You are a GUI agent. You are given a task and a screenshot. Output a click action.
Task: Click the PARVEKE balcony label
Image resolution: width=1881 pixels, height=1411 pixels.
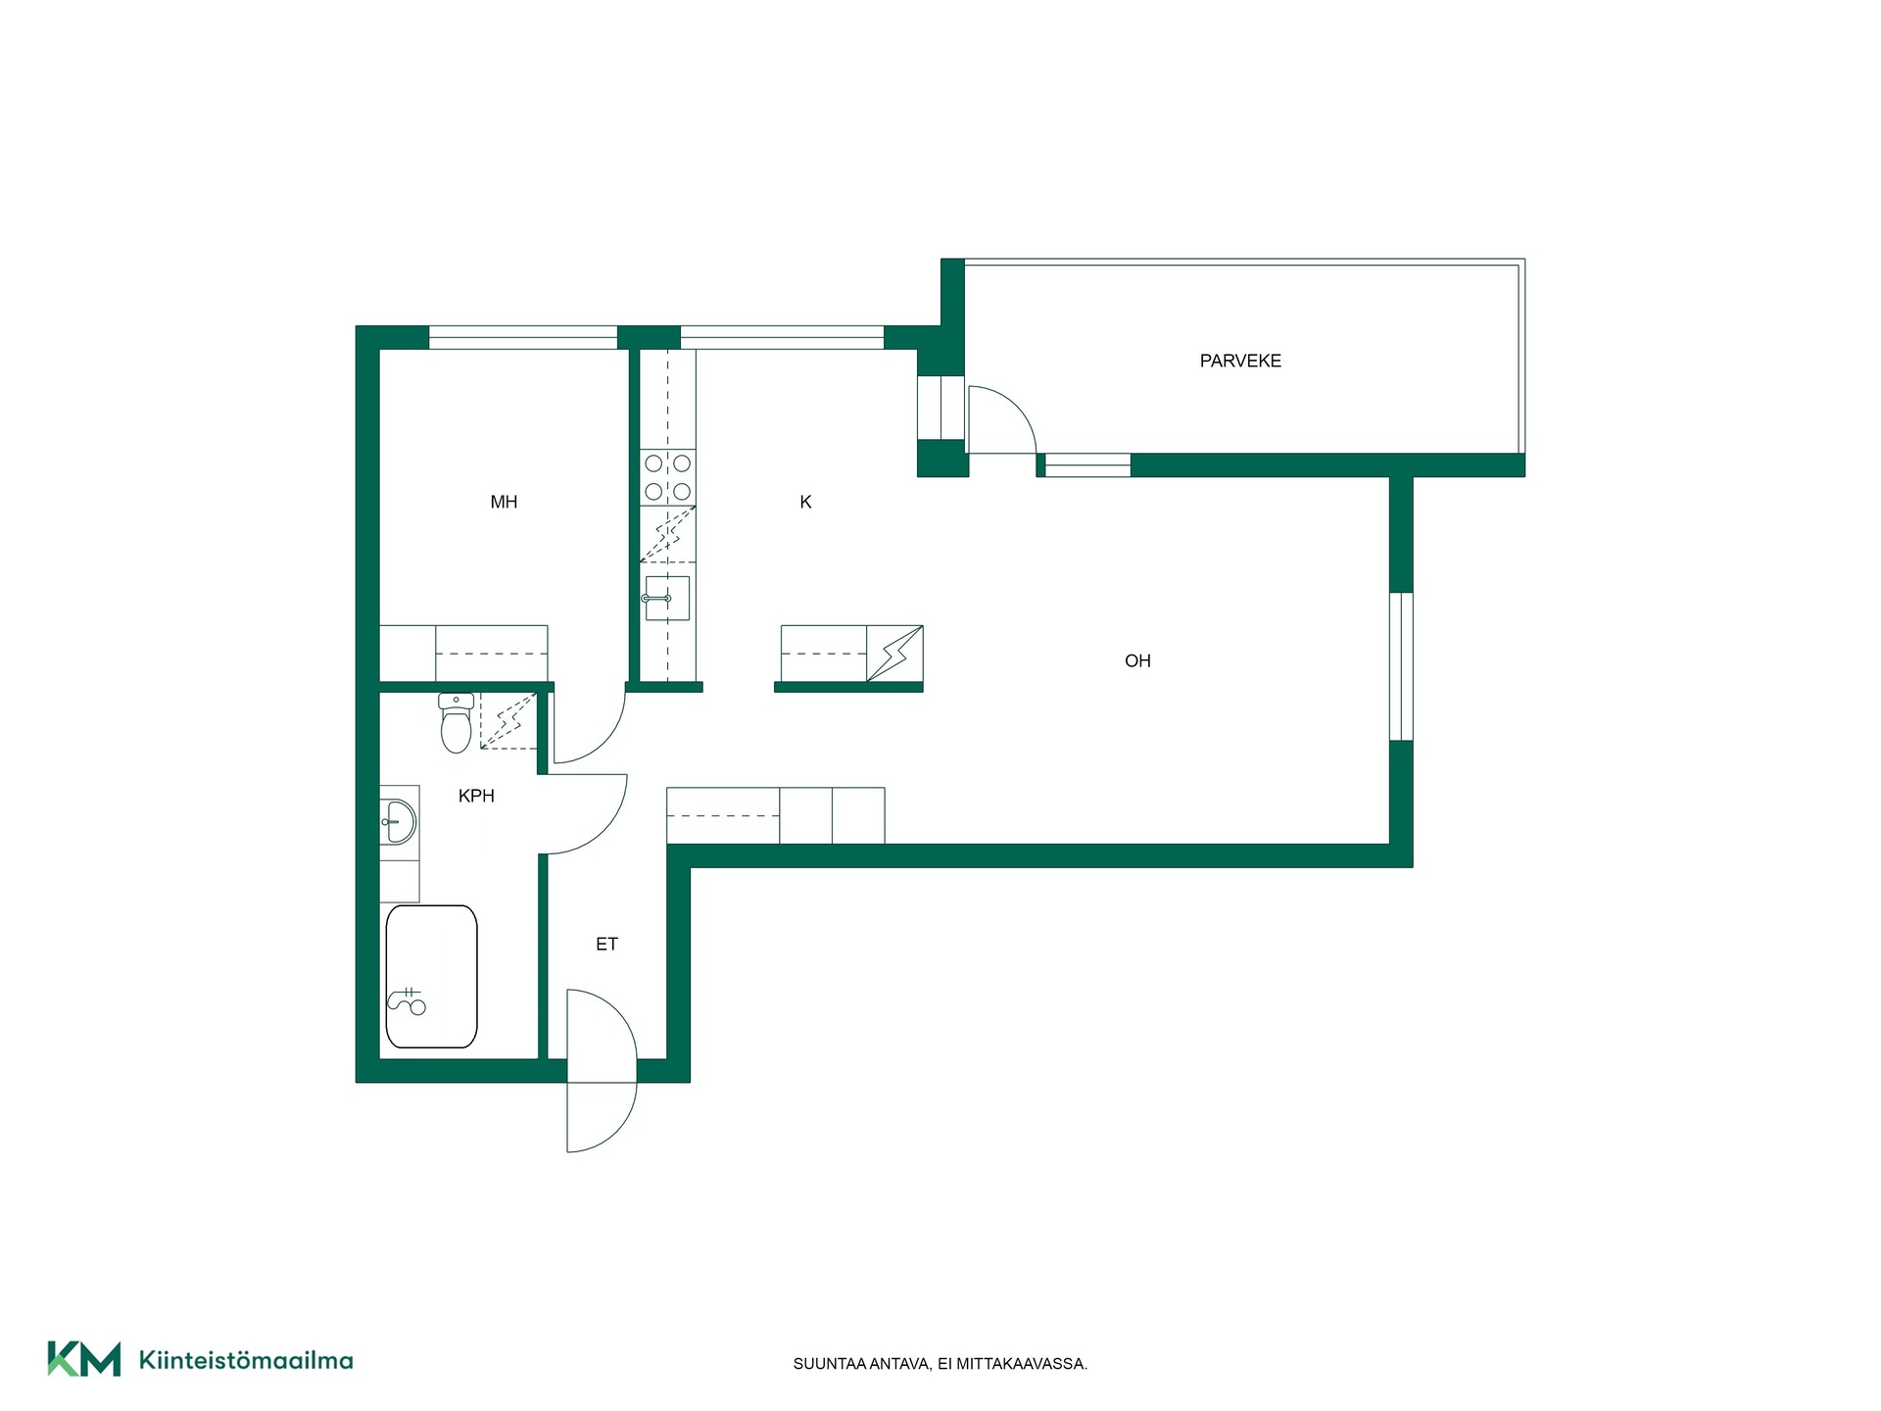coord(1240,361)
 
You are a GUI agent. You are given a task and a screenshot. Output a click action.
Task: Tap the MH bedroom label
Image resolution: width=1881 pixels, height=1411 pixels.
coord(504,502)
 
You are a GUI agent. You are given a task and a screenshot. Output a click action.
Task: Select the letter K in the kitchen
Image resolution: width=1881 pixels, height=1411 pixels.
coord(805,502)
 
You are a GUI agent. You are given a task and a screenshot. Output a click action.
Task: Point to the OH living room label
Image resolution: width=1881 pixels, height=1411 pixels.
coord(1137,660)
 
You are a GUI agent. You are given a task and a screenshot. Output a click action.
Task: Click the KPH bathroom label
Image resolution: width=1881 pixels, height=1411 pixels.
coord(476,796)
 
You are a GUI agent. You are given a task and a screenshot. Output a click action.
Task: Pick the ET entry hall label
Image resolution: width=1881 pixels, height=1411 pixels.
coord(606,944)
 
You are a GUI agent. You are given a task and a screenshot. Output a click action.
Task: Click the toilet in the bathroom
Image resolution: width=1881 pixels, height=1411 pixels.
coord(457,723)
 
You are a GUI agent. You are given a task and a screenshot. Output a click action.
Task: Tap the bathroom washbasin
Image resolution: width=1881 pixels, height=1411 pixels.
coord(399,822)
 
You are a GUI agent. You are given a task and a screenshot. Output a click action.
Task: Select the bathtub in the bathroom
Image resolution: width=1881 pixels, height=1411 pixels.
coord(431,976)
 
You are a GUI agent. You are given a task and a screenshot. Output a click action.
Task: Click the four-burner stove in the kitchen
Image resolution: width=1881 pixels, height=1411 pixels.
coord(667,477)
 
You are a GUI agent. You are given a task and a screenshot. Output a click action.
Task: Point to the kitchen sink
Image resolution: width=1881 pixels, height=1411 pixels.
coord(667,598)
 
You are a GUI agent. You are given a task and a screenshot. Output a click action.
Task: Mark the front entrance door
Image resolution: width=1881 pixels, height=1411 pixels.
coord(602,1071)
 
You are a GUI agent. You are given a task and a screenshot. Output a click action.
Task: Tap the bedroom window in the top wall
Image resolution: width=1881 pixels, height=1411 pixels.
coord(523,337)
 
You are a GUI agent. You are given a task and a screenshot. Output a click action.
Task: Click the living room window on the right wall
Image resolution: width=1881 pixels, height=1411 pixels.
coord(1402,666)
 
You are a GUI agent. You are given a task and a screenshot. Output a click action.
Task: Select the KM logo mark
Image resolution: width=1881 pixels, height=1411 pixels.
coord(84,1359)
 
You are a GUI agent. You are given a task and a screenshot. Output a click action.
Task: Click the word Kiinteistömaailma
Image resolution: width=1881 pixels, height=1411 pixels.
coord(246,1360)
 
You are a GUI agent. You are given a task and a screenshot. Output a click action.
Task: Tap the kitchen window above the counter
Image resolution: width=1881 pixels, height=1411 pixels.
coord(783,337)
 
